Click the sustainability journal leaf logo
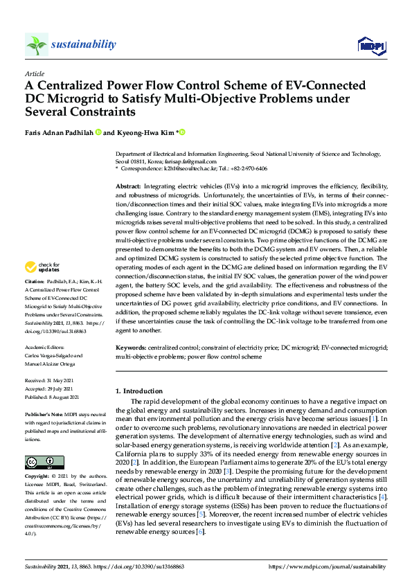point(36,44)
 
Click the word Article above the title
point(34,73)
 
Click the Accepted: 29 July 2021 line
point(54,388)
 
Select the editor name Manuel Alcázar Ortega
point(55,364)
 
